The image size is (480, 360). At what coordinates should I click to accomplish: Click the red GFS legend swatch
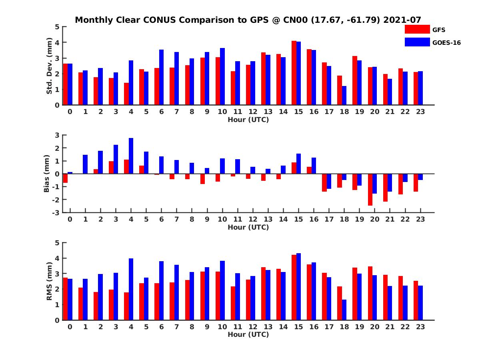point(417,29)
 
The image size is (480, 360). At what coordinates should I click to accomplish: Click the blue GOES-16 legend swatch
point(417,42)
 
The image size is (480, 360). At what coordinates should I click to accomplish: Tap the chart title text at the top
point(248,20)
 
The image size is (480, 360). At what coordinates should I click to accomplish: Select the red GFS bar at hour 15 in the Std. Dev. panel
point(294,73)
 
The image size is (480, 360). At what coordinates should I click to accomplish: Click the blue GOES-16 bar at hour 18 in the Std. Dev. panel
point(344,96)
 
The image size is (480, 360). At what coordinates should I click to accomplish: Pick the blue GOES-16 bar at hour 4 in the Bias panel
point(131,156)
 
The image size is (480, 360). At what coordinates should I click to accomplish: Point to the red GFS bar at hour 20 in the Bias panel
point(370,190)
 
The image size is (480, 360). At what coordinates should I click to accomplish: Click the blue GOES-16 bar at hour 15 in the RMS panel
point(298,286)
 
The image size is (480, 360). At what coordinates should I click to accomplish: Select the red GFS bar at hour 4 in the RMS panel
point(126,306)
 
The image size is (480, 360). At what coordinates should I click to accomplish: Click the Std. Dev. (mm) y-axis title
point(50,66)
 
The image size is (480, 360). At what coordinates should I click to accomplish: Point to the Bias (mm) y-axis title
point(46,174)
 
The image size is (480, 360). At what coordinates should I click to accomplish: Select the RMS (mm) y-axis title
point(50,281)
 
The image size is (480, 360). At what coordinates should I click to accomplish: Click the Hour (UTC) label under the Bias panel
point(248,227)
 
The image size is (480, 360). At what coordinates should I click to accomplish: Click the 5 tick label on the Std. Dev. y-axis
point(58,27)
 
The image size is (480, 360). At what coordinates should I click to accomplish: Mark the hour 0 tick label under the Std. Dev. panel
point(70,112)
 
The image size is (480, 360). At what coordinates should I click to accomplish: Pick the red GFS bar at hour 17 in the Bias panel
point(324,183)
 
